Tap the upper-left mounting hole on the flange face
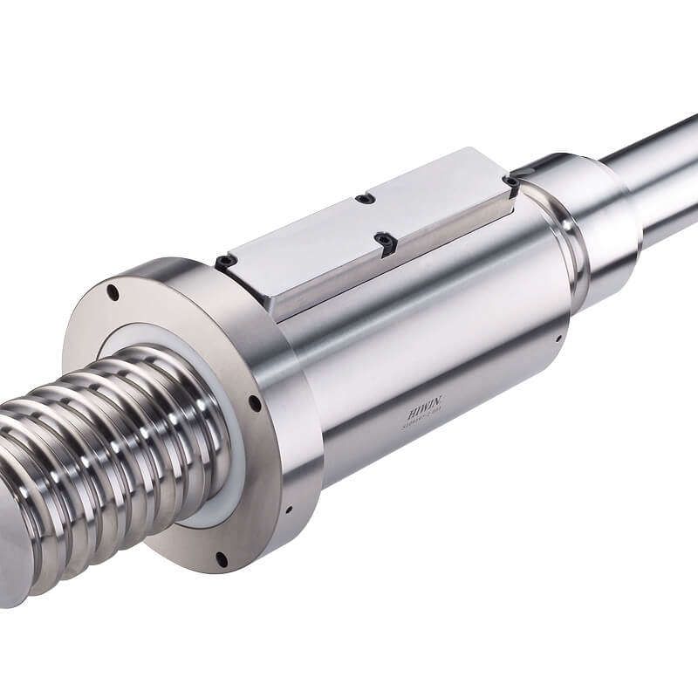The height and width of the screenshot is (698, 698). [x=113, y=293]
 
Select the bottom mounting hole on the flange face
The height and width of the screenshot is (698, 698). [x=221, y=558]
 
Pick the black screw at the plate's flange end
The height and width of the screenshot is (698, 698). [x=225, y=261]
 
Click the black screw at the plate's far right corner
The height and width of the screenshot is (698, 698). [x=510, y=183]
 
